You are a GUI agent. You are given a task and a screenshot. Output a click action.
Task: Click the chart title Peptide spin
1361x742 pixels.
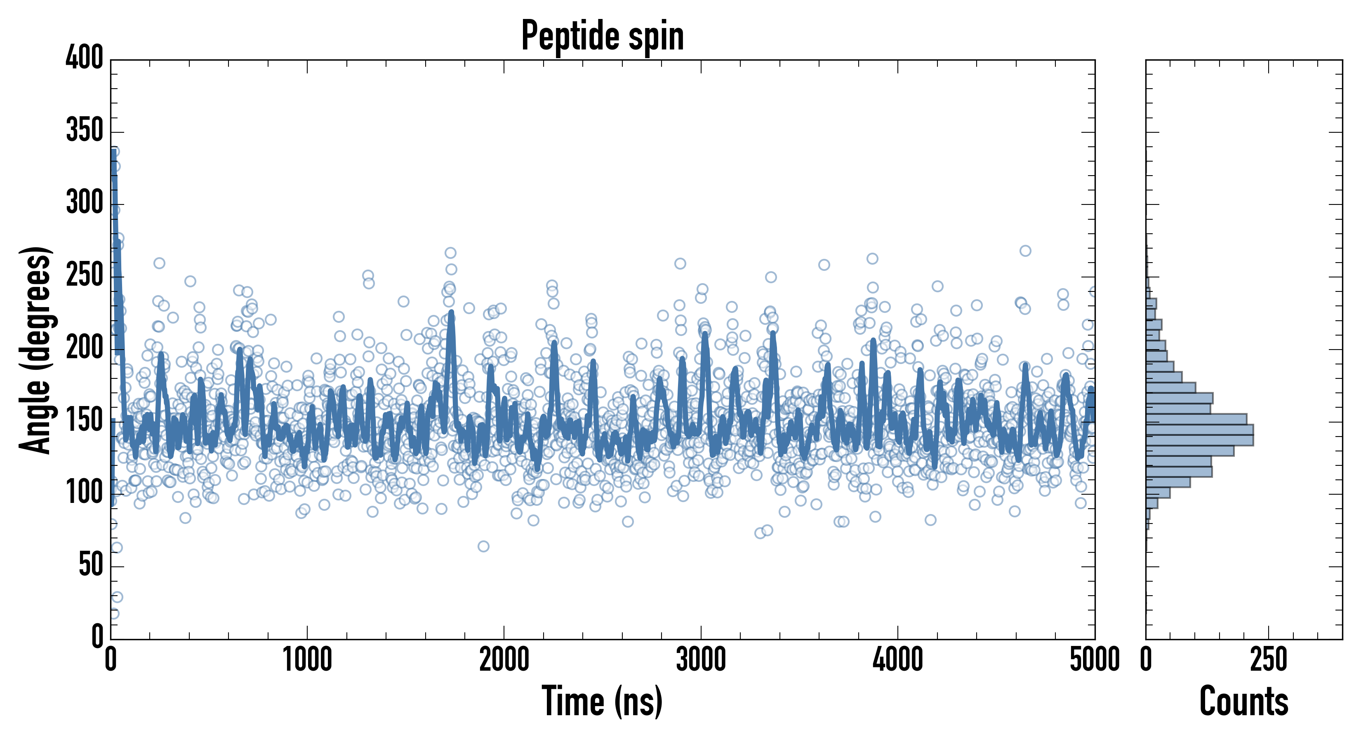(602, 36)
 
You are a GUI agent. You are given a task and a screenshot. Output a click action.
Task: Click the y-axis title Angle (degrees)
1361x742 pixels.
(36, 350)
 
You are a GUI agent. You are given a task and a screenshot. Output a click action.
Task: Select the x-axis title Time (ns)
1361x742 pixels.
(602, 701)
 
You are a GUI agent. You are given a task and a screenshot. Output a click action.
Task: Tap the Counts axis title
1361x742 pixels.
(1244, 701)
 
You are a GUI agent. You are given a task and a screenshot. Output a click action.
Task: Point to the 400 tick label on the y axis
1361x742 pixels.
(85, 58)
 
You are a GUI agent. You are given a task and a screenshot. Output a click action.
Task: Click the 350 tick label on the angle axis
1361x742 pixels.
(85, 131)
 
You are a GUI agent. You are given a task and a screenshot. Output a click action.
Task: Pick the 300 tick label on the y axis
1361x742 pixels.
(85, 203)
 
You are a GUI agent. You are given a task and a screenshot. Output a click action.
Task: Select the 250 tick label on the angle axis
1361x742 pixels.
(85, 276)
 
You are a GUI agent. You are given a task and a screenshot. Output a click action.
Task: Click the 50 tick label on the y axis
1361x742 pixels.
(91, 566)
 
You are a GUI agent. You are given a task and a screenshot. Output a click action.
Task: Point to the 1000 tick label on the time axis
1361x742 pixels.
(308, 660)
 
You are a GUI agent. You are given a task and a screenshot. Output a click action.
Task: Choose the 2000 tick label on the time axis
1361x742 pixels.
(504, 660)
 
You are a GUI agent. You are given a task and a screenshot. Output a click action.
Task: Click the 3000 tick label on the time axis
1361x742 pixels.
(701, 660)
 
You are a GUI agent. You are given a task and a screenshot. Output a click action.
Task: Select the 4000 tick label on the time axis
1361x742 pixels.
(898, 660)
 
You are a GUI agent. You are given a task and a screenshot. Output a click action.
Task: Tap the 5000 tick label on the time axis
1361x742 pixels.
(1094, 660)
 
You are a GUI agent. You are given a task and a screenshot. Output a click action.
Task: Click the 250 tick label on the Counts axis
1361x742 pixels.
(1269, 660)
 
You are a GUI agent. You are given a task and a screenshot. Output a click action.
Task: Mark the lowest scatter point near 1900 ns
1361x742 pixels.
(483, 546)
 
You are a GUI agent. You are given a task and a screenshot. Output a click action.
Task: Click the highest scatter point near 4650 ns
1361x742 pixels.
(1025, 251)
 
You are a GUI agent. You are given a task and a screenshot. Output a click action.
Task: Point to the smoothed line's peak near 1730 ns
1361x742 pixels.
(451, 312)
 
